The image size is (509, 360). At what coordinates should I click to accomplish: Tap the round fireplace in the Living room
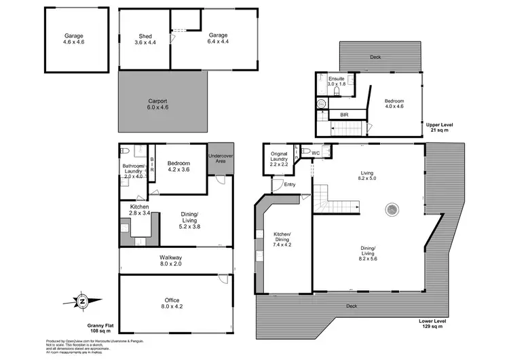click(392, 210)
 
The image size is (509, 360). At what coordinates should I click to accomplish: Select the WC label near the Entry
click(316, 153)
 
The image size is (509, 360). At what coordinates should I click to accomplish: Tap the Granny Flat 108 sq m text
click(98, 327)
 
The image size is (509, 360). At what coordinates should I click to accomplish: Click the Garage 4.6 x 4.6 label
click(76, 39)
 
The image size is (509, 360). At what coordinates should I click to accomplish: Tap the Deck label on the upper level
click(375, 57)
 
